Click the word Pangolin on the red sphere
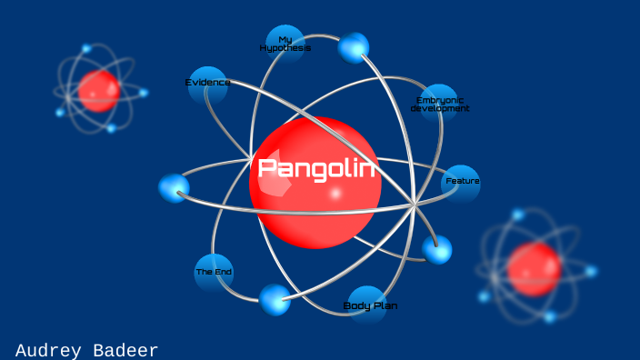pyautogui.click(x=315, y=168)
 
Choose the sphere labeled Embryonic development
pyautogui.click(x=440, y=104)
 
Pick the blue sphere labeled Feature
pyautogui.click(x=461, y=183)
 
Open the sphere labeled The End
pyautogui.click(x=214, y=272)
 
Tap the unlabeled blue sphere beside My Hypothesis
pyautogui.click(x=354, y=47)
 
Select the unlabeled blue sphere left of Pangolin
pyautogui.click(x=174, y=188)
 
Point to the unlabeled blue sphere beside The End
pyautogui.click(x=275, y=299)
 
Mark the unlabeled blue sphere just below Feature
pyautogui.click(x=437, y=249)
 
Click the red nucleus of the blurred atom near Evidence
pyautogui.click(x=98, y=91)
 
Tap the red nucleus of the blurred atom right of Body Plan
pyautogui.click(x=534, y=269)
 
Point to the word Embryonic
pyautogui.click(x=440, y=99)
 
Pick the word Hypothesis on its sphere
pyautogui.click(x=285, y=48)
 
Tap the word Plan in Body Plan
pyautogui.click(x=384, y=306)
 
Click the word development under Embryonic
pyautogui.click(x=440, y=108)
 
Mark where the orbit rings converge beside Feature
pyautogui.click(x=415, y=205)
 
